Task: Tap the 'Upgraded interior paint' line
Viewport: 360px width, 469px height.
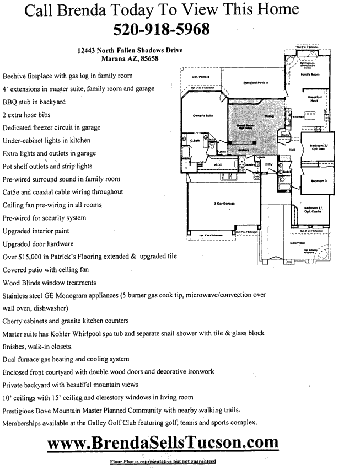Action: point(38,230)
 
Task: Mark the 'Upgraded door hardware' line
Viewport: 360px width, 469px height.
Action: point(39,243)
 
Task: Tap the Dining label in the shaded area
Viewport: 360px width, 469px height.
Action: point(268,116)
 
